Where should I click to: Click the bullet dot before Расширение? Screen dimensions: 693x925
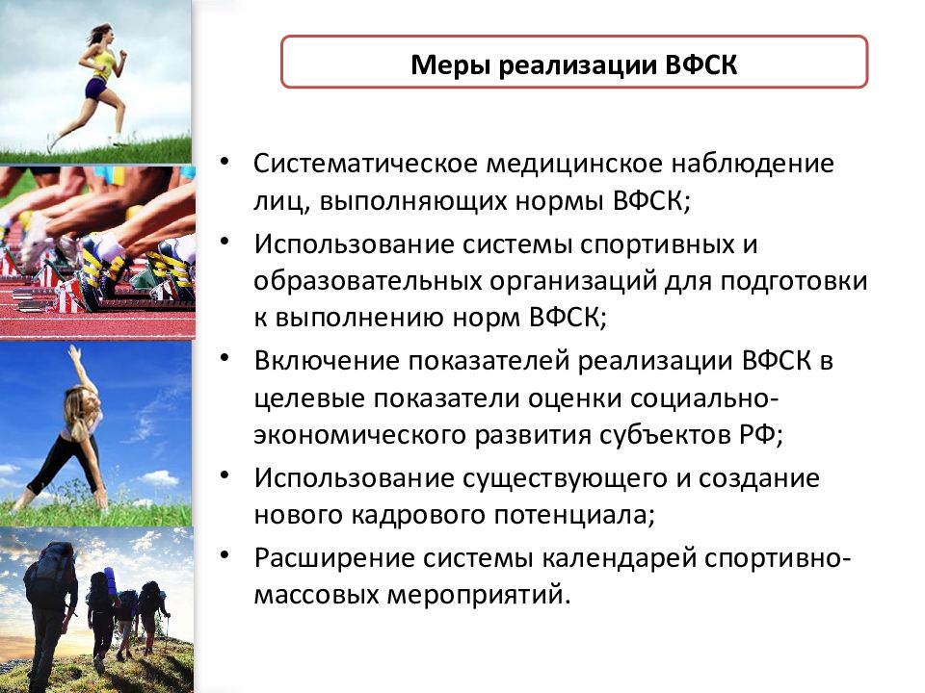(224, 555)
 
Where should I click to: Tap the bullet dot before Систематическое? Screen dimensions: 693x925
(224, 161)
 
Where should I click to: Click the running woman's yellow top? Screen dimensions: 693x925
(102, 64)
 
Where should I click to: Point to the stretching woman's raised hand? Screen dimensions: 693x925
(74, 351)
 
